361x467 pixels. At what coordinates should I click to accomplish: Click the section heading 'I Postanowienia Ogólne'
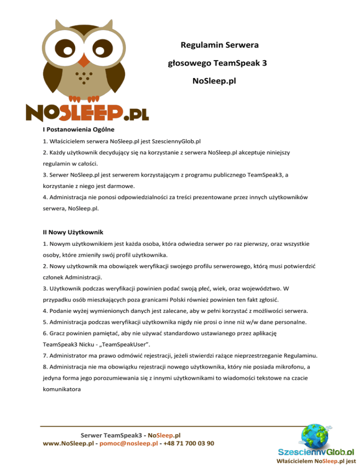coord(76,128)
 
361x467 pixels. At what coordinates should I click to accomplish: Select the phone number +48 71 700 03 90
coord(188,443)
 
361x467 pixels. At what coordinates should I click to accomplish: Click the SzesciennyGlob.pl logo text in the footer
coord(315,452)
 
